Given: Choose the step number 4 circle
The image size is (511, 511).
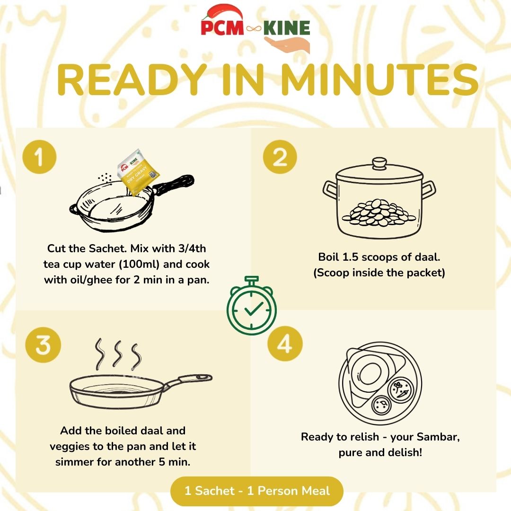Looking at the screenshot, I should [284, 345].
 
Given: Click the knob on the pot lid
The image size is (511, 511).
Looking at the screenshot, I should [379, 164].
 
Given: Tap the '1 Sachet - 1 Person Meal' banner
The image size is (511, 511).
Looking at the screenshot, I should [257, 491].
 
